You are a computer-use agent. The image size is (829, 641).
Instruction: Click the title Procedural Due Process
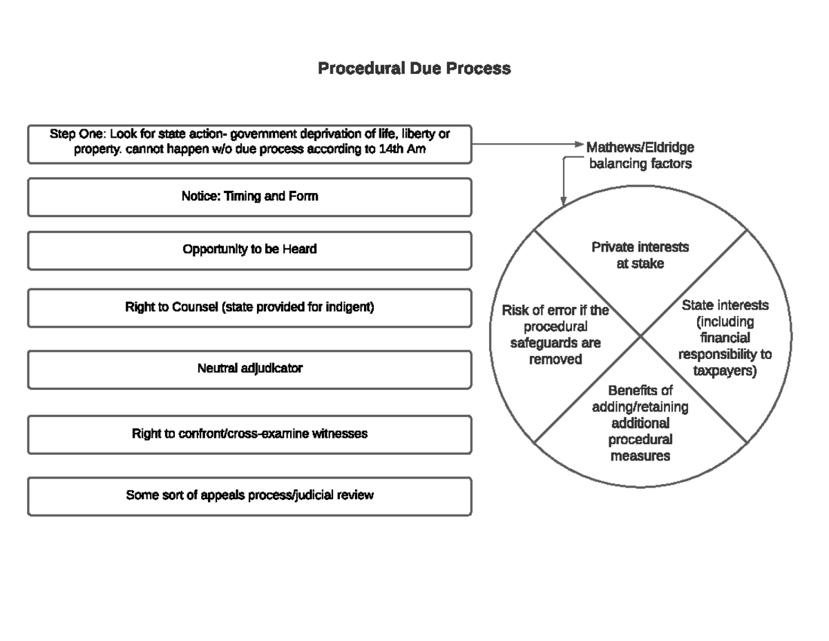coord(414,68)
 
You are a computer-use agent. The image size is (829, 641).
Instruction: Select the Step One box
coord(249,144)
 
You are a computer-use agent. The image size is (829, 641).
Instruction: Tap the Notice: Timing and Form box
coord(249,197)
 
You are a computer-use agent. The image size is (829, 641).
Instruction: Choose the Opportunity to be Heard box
coord(249,250)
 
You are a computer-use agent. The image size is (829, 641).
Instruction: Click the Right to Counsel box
coord(249,308)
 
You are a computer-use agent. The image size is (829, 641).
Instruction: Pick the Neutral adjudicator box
coord(249,369)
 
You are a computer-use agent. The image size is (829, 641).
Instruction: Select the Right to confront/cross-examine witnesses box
coord(249,434)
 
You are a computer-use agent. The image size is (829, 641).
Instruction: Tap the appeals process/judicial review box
coord(249,496)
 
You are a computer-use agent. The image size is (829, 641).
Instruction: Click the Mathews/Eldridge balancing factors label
coord(640,156)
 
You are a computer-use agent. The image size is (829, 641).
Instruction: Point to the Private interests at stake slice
coord(640,255)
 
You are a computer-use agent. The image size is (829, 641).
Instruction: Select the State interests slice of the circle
coord(725,338)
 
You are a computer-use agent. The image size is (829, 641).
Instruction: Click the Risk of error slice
coord(555,335)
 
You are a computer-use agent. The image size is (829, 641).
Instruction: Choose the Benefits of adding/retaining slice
coord(640,423)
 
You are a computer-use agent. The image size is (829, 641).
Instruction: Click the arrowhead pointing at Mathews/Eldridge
coord(580,145)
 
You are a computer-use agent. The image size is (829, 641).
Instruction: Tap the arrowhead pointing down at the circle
coord(564,201)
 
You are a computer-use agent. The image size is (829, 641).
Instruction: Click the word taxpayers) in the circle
coord(725,371)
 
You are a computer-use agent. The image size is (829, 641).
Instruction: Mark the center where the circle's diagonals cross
coord(640,337)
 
